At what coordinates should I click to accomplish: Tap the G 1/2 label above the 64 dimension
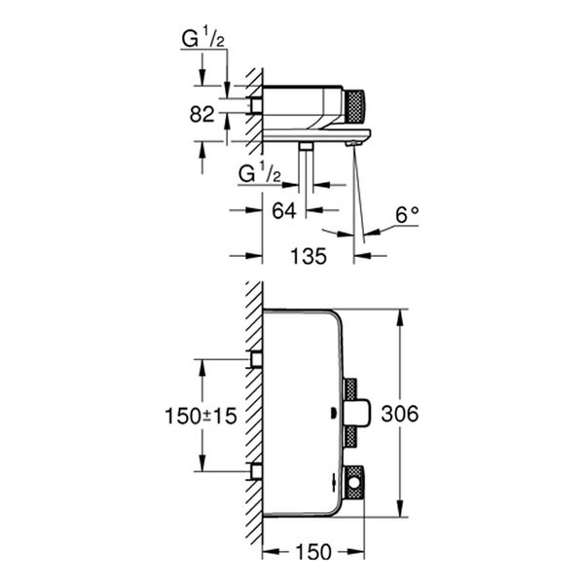coord(261,175)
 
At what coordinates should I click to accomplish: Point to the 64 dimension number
coord(284,209)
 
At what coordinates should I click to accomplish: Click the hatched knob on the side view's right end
coord(359,105)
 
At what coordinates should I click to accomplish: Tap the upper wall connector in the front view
coord(257,360)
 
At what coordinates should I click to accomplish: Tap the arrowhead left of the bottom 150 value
coord(271,552)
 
